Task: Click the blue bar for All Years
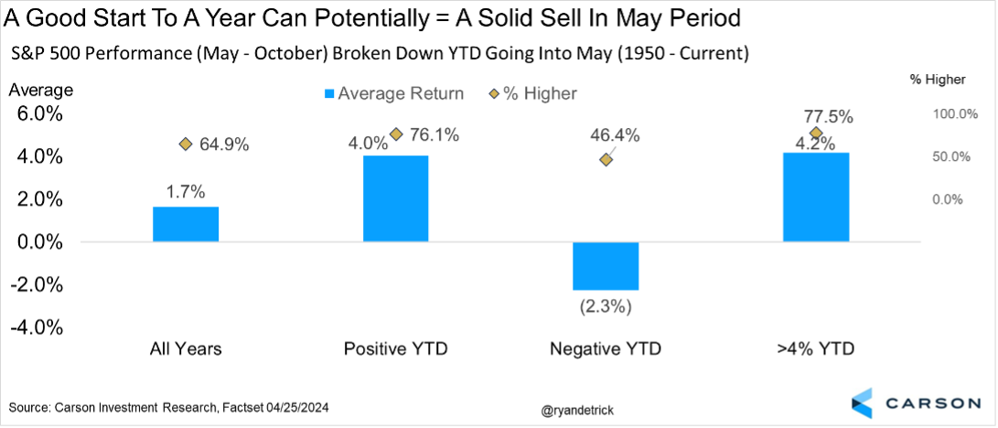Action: click(x=186, y=224)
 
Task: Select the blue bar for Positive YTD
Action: click(x=396, y=198)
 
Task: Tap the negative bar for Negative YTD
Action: click(x=606, y=266)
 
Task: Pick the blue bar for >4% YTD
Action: click(x=816, y=197)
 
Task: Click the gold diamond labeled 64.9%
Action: click(x=186, y=144)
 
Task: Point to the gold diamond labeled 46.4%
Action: click(x=606, y=160)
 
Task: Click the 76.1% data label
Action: click(x=435, y=135)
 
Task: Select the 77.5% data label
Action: click(x=828, y=117)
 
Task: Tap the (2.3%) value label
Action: click(x=606, y=306)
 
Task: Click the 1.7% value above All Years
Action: click(x=186, y=192)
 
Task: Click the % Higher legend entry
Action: click(x=534, y=93)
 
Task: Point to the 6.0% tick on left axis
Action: click(x=36, y=114)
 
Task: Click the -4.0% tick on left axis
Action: click(x=34, y=327)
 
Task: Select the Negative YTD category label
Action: click(x=606, y=349)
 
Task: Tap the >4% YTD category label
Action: click(x=816, y=349)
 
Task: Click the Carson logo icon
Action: click(x=863, y=403)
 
